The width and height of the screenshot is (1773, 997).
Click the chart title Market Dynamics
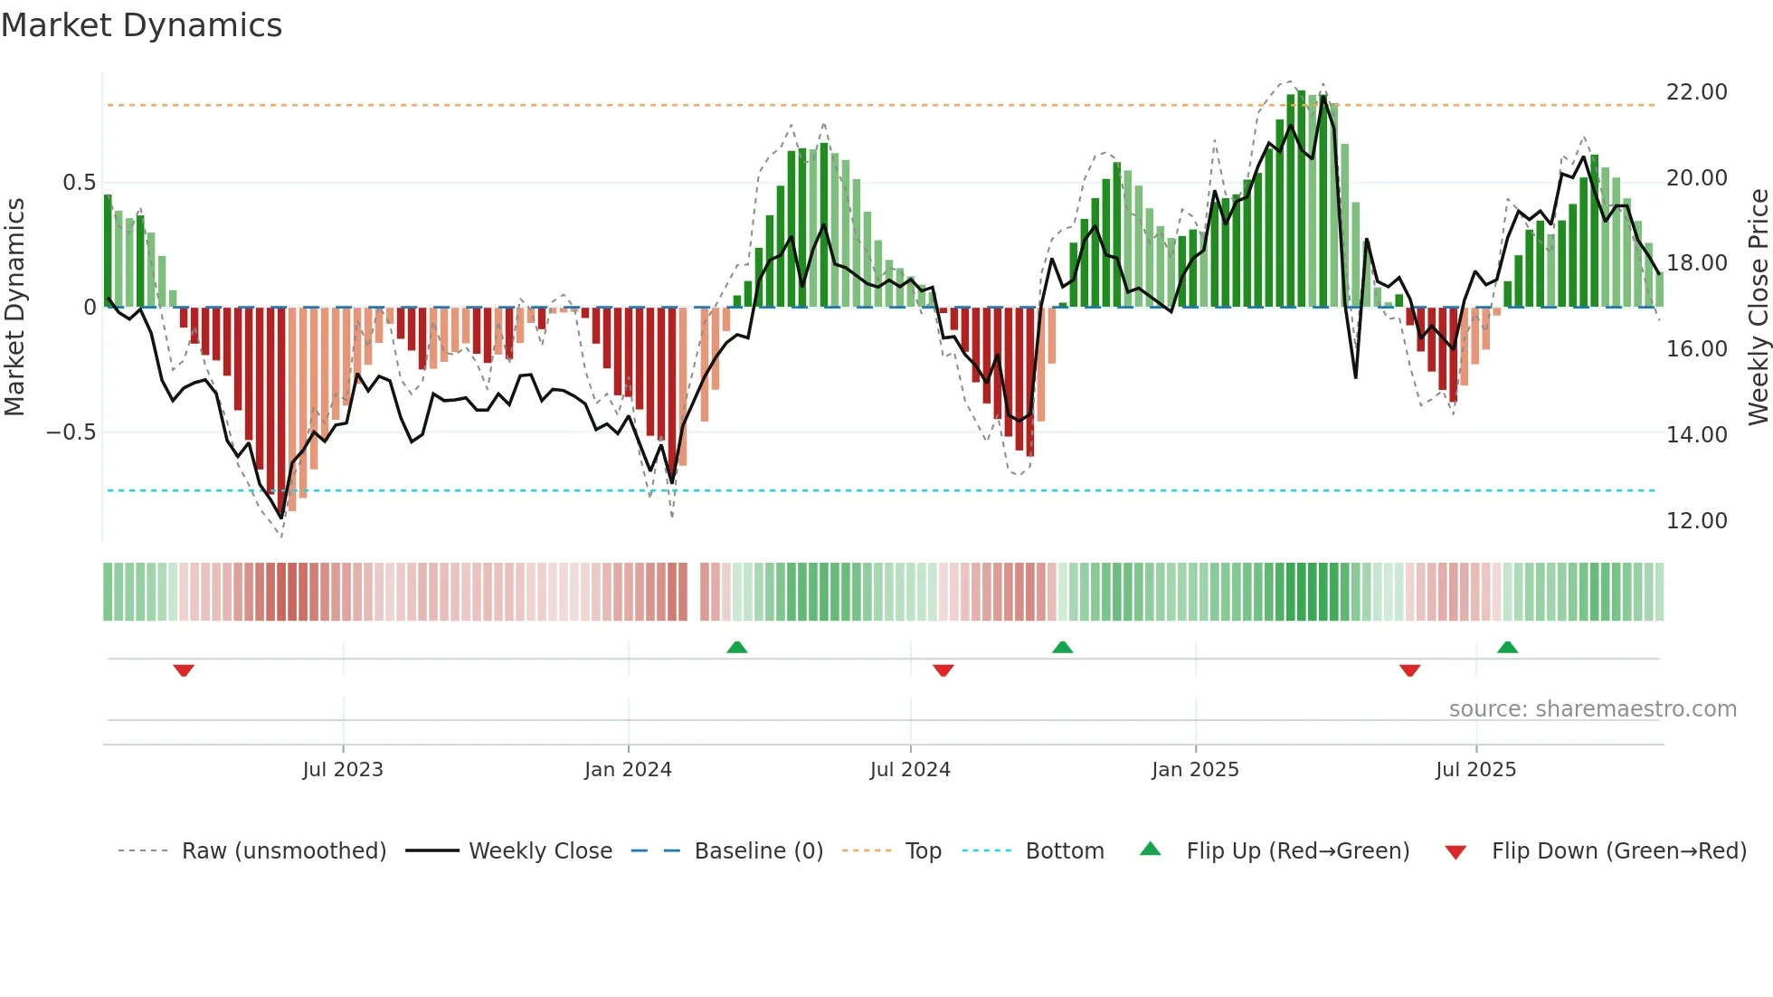click(x=142, y=25)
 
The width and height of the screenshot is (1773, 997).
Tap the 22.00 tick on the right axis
click(x=1696, y=92)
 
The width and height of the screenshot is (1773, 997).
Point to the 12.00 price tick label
click(x=1696, y=521)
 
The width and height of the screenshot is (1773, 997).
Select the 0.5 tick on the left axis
click(x=79, y=183)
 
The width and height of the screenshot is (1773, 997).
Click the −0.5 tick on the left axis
click(x=71, y=432)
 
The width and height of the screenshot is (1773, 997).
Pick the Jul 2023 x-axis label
click(x=343, y=770)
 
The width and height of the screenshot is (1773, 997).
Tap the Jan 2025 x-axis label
click(x=1195, y=770)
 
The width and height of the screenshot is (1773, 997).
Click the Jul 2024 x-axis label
click(x=910, y=770)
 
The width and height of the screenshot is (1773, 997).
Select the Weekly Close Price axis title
click(x=1758, y=307)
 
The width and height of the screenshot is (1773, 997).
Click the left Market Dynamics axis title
click(x=14, y=307)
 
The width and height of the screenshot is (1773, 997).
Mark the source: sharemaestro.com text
click(x=1592, y=709)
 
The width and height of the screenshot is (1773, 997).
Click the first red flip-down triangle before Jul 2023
click(x=184, y=670)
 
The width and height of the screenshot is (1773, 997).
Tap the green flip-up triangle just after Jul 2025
click(x=1507, y=647)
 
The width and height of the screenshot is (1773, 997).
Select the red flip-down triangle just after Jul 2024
click(x=943, y=670)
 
